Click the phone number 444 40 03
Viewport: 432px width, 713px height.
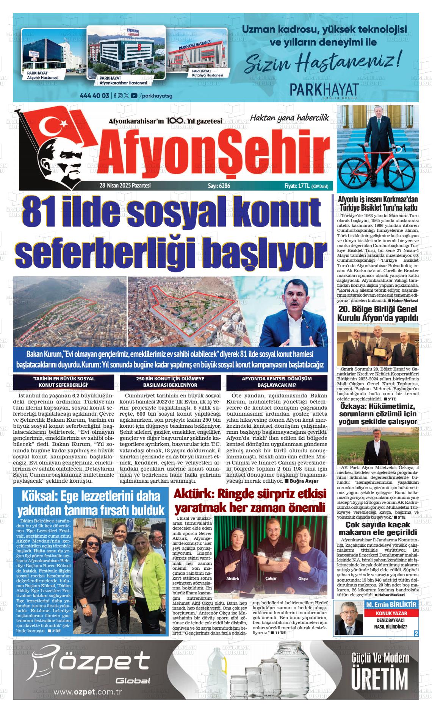click(95, 95)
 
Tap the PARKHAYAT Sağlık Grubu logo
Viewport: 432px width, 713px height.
click(324, 91)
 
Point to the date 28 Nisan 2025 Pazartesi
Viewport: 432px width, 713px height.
click(125, 186)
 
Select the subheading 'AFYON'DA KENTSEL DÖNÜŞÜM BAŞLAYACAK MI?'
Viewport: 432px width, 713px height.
click(277, 382)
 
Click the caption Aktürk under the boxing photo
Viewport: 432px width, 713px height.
click(232, 579)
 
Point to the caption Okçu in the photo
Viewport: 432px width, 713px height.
click(303, 579)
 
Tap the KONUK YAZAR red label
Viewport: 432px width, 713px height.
click(391, 613)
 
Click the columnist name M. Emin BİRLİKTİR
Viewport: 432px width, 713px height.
click(391, 605)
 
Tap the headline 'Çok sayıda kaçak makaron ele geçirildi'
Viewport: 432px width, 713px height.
click(378, 528)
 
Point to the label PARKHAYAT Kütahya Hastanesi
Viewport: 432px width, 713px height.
click(207, 73)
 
